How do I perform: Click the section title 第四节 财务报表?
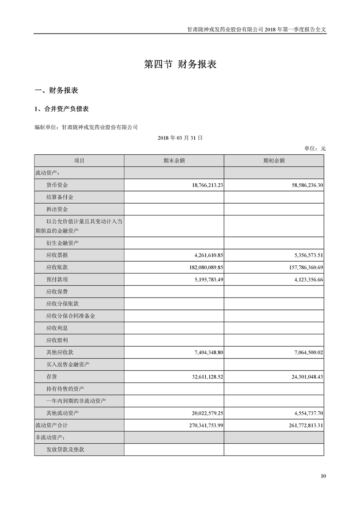180,64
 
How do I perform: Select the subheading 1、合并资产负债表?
62,109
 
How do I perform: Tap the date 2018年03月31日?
180,137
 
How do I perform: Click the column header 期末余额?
174,161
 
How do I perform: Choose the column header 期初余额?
274,161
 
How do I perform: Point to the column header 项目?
79,161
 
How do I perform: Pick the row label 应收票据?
57,255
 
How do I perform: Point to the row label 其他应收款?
59,352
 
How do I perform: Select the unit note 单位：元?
315,148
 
